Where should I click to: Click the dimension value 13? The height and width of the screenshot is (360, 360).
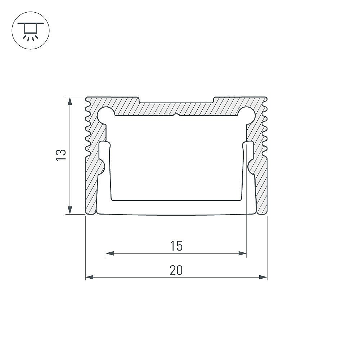click(61, 155)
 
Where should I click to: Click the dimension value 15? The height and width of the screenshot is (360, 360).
click(176, 246)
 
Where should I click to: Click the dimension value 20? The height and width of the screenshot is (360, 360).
click(176, 270)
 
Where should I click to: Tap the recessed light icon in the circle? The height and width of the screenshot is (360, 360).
click(31, 31)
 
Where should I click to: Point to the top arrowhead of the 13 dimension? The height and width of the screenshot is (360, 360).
click(70, 101)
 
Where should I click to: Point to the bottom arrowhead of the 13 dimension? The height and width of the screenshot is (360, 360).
click(70, 210)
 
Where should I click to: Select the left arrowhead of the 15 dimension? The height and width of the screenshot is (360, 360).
click(110, 253)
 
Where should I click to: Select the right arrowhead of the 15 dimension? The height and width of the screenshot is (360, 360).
click(242, 253)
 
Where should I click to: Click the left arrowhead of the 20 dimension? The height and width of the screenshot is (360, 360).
click(90, 277)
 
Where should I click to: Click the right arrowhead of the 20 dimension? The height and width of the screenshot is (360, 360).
click(263, 277)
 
